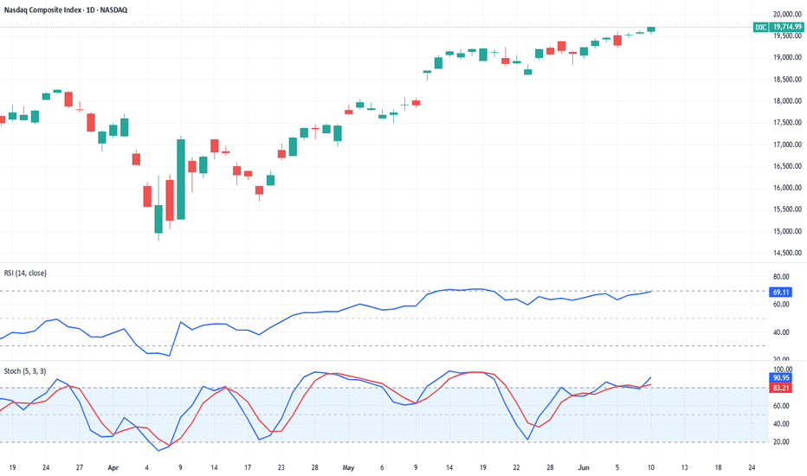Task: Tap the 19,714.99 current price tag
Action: [x=786, y=28]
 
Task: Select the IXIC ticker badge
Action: [x=759, y=28]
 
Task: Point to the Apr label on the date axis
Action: [x=113, y=466]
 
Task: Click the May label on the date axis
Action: [x=348, y=466]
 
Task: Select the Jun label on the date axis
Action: [x=584, y=466]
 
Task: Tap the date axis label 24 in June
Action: [x=752, y=466]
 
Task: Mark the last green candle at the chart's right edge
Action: [x=651, y=29]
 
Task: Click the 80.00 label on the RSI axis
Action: [x=781, y=277]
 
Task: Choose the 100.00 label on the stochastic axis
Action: [x=781, y=369]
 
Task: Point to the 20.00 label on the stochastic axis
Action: [x=781, y=442]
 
